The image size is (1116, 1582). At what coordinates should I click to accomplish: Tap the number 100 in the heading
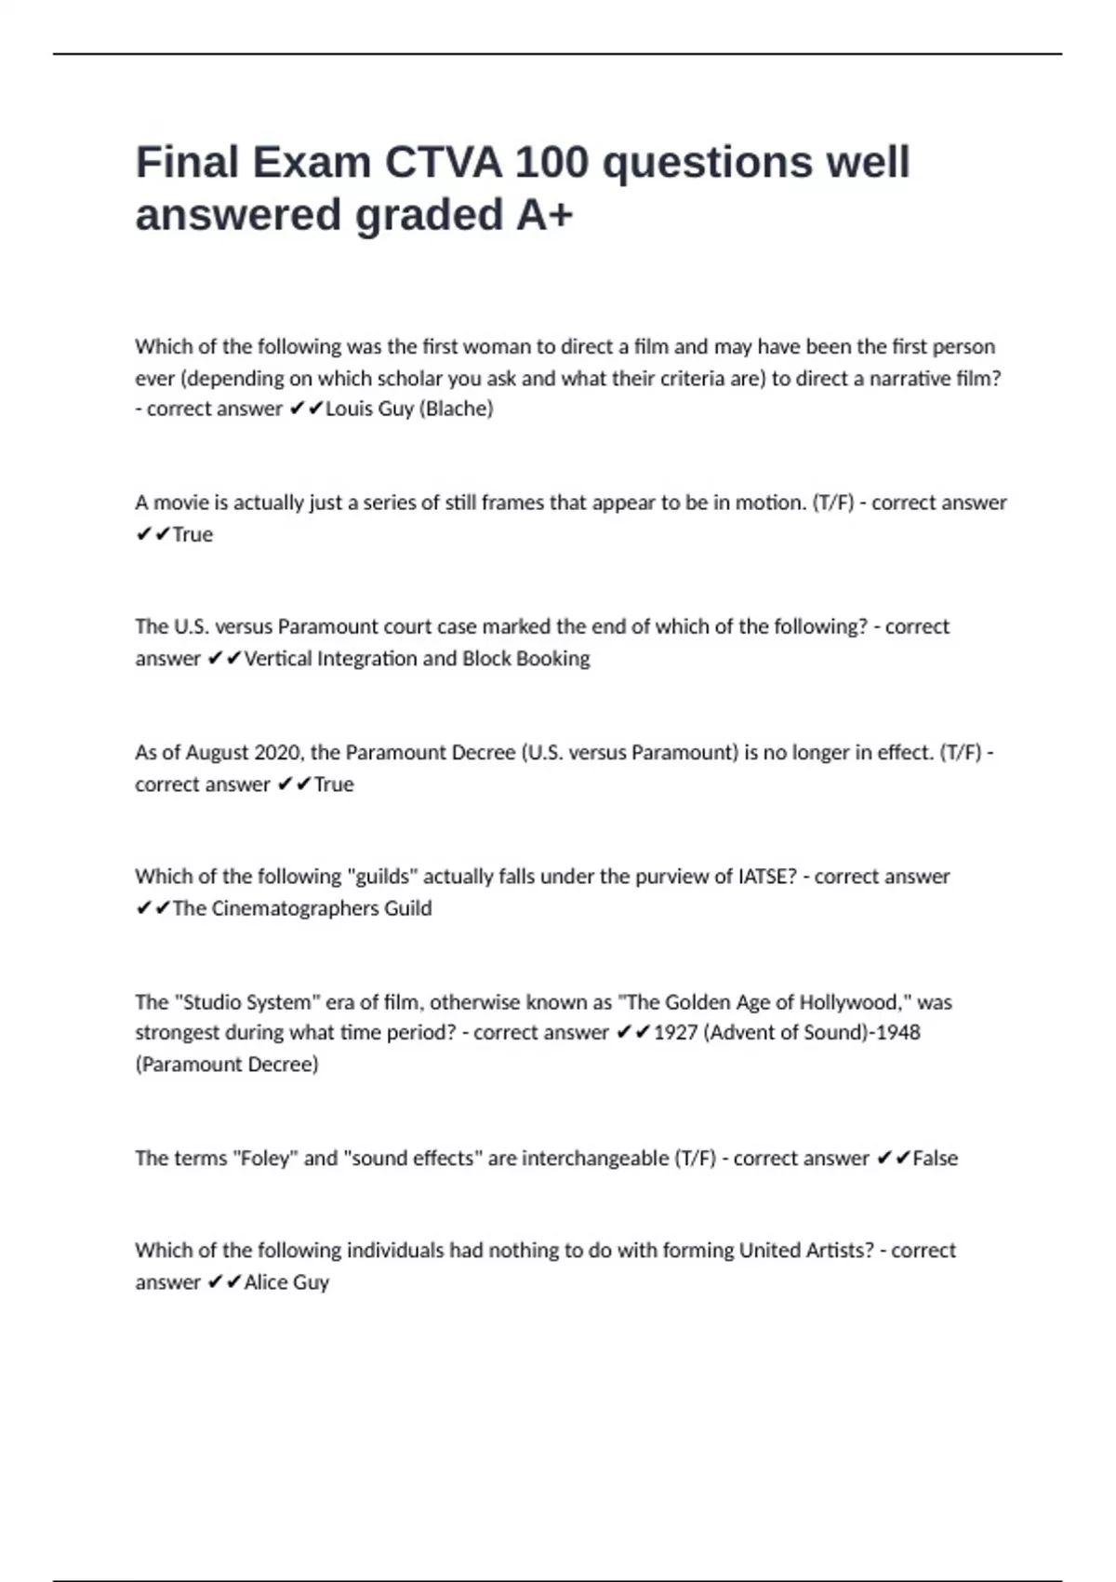[551, 163]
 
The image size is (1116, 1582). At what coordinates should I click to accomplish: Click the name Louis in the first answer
[349, 409]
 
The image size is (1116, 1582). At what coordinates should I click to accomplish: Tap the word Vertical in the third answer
[277, 659]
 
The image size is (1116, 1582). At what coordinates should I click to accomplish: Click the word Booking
[552, 659]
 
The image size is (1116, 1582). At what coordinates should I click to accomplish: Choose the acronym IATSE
[766, 877]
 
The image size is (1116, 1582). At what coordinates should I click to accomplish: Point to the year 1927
[675, 1033]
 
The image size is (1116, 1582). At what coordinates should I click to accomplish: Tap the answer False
[935, 1159]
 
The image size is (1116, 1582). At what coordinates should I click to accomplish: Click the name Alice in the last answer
[265, 1282]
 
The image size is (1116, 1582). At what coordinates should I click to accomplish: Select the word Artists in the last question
[839, 1251]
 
